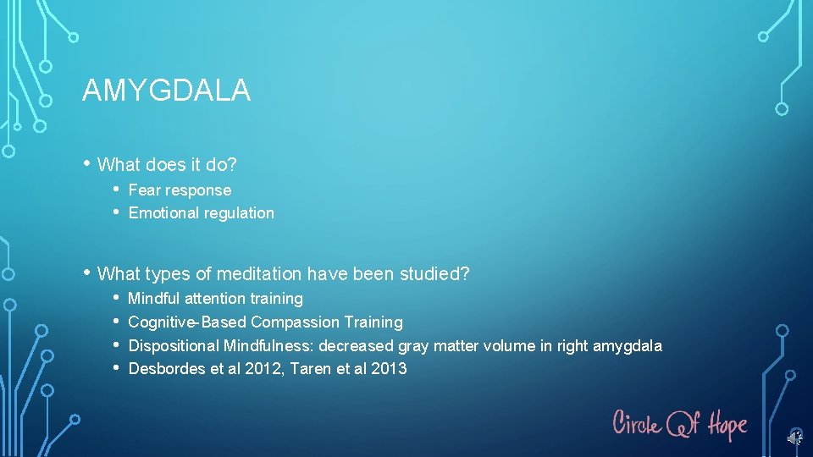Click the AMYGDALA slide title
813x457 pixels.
(x=166, y=91)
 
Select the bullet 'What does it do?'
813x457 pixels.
(x=167, y=163)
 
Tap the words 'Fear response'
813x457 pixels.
(x=180, y=190)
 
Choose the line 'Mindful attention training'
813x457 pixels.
(x=215, y=299)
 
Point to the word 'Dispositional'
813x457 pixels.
(x=174, y=346)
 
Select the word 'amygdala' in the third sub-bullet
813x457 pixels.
(x=628, y=346)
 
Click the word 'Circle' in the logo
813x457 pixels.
(x=637, y=422)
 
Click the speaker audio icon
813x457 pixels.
(x=794, y=438)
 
